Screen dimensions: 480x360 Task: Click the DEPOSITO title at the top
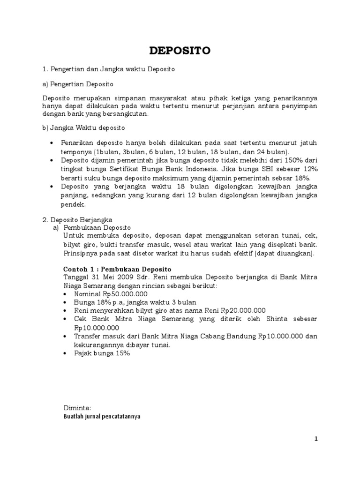click(180, 51)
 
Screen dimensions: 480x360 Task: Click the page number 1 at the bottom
click(316, 439)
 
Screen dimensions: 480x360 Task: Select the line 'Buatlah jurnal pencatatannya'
click(102, 416)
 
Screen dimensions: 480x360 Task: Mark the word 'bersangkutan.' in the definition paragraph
click(124, 113)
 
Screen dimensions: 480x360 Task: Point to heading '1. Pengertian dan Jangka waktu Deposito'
click(109, 69)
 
